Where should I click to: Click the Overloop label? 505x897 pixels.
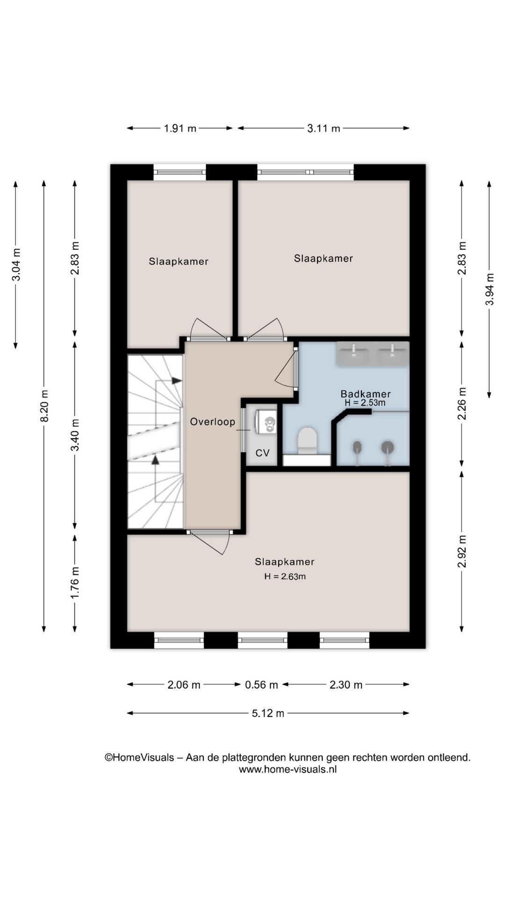212,422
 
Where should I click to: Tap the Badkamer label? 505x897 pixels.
366,394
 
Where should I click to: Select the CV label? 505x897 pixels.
263,453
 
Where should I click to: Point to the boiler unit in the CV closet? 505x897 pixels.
266,422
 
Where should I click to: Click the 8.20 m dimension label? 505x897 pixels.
44,406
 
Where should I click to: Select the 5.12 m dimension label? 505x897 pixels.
268,713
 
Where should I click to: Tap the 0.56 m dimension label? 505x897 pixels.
261,685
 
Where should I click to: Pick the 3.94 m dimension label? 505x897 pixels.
489,289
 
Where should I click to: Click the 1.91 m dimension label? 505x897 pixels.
180,128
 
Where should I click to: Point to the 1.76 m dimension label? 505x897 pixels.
75,583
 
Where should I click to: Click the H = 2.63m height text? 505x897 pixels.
285,577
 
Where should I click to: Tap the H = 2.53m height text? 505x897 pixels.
365,403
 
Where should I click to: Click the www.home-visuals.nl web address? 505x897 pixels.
288,769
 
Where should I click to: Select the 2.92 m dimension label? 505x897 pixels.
462,551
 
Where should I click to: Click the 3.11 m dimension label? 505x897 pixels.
324,128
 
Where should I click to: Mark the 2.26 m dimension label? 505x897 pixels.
462,404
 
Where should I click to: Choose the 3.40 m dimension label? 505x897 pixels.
75,435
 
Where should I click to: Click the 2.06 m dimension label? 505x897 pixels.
184,685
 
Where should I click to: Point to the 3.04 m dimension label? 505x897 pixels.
16,264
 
